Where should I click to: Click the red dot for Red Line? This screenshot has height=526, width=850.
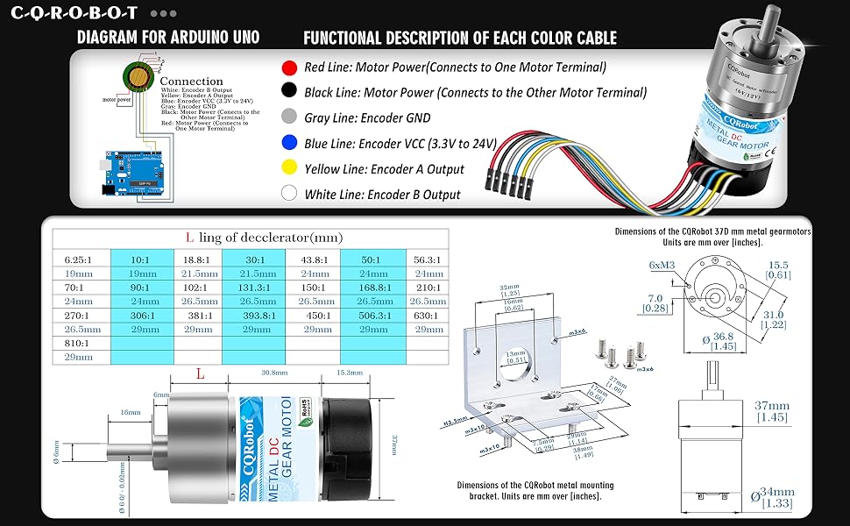pos(287,67)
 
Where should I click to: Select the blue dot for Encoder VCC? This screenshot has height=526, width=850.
pos(287,143)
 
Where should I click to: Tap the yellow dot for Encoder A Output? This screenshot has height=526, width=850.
pos(287,168)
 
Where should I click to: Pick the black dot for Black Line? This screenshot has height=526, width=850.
pos(287,91)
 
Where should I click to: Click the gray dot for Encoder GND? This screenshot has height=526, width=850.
pos(287,117)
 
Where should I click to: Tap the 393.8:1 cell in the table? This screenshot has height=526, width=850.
pos(253,316)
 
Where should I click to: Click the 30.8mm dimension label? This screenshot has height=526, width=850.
pos(274,373)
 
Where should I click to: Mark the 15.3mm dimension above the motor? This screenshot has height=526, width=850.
pos(349,373)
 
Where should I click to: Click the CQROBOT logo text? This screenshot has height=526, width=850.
pos(74,14)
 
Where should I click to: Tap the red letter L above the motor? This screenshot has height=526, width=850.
pos(200,373)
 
